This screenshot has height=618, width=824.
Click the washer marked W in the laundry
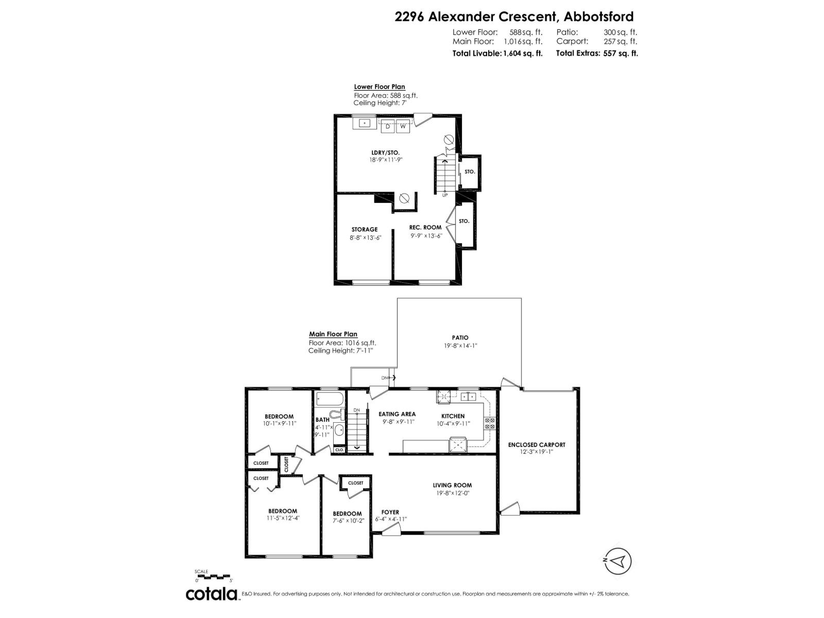click(x=403, y=126)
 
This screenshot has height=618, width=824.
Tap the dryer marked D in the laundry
click(x=388, y=126)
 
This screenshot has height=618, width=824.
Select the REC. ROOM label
click(x=425, y=227)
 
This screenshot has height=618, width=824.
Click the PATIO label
click(x=460, y=338)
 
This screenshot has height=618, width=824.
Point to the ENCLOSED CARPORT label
click(x=537, y=444)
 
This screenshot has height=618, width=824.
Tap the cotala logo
click(x=212, y=594)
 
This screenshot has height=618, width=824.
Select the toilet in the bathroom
click(x=335, y=415)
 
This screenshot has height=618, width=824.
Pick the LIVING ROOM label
click(x=452, y=485)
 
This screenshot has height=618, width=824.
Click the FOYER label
click(x=390, y=512)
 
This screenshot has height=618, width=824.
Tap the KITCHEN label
click(x=453, y=416)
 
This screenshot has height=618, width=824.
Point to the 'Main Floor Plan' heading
click(x=333, y=334)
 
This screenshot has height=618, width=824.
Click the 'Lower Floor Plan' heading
click(x=379, y=87)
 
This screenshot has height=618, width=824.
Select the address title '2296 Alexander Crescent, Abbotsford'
click(x=514, y=16)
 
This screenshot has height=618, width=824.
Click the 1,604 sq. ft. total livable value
click(x=523, y=53)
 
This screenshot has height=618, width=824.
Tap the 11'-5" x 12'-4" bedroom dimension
click(x=282, y=518)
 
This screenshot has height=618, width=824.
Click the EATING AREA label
click(x=397, y=414)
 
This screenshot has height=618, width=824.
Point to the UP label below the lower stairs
click(x=445, y=195)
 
